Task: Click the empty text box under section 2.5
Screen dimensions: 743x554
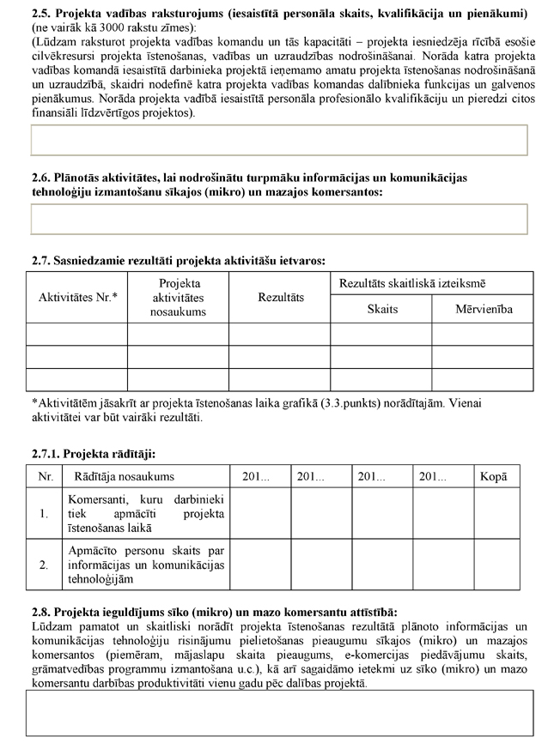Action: [278, 140]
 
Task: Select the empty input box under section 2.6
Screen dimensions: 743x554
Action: [278, 219]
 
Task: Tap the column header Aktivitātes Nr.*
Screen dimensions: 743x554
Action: [78, 297]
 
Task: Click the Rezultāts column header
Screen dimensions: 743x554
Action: [280, 297]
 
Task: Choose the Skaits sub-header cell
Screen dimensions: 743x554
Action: [382, 309]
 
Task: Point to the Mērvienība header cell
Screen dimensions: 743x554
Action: [484, 309]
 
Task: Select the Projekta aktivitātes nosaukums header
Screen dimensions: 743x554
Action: [178, 297]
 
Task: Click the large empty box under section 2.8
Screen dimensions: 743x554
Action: [278, 713]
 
